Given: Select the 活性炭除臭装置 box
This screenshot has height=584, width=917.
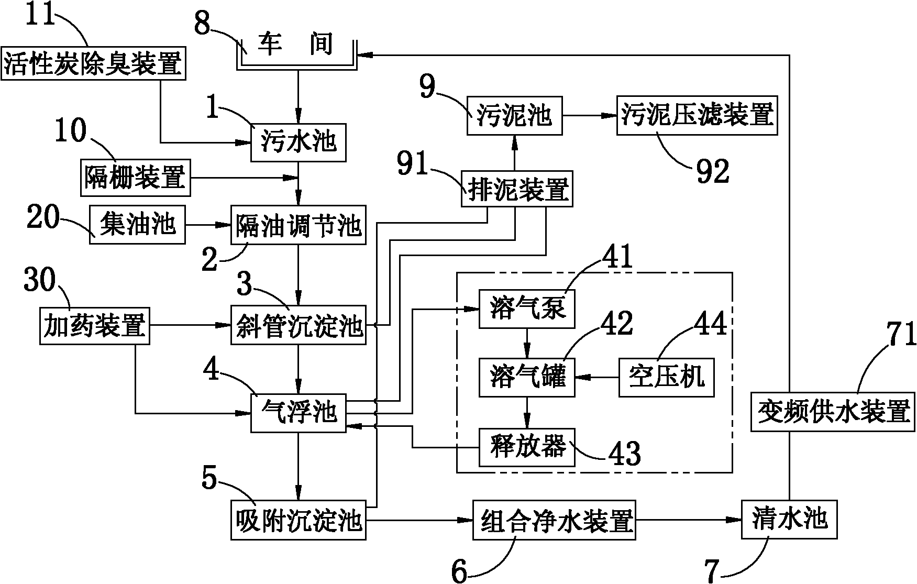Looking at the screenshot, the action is point(94,63).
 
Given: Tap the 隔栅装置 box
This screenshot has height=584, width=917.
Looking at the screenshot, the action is point(135,178).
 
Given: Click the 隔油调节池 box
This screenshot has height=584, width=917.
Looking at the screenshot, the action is point(299,225).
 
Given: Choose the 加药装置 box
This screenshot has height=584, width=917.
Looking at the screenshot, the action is point(94,326).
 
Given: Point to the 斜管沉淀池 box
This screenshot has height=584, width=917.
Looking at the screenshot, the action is point(299,326).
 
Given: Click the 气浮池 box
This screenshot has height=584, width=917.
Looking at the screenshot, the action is point(299,413).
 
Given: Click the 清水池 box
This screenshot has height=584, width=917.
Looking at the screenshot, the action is point(789,520).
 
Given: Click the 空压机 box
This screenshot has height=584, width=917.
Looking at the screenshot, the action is point(666,378).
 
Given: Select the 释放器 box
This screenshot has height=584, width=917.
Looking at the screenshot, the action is point(527,447).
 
